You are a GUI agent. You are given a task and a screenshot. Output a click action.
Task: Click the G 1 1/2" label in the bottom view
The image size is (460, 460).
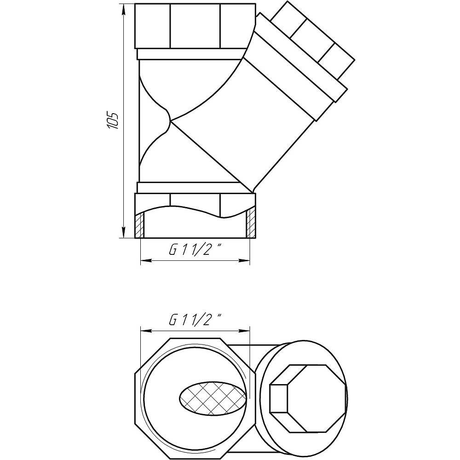click(x=195, y=319)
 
